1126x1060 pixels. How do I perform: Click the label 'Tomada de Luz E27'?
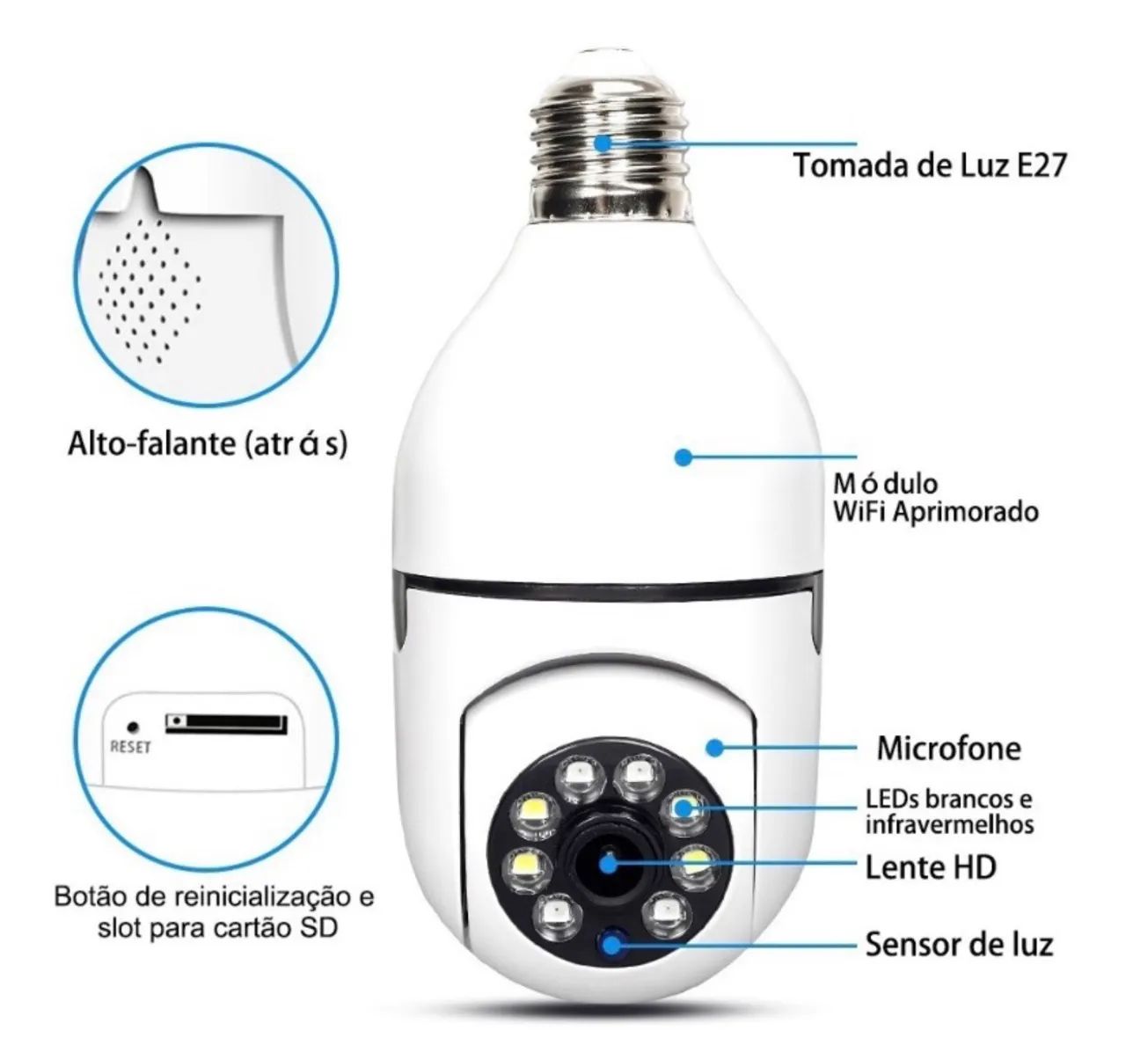tap(929, 164)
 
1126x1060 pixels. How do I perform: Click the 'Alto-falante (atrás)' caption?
tap(208, 443)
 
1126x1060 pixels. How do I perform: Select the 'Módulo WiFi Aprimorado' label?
tap(934, 497)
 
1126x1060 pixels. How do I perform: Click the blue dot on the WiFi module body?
tap(682, 457)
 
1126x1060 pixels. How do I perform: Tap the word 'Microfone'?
tap(948, 748)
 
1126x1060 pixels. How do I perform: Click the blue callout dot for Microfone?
tap(715, 748)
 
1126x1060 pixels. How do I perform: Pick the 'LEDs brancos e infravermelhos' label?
tap(948, 812)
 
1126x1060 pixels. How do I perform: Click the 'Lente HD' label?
tap(931, 867)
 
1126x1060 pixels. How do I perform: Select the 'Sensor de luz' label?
tap(959, 945)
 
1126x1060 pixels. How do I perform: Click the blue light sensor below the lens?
tap(611, 944)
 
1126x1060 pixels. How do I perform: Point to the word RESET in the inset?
tap(130, 747)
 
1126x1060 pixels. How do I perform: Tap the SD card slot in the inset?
tap(226, 723)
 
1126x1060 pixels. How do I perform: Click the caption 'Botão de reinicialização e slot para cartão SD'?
tap(214, 911)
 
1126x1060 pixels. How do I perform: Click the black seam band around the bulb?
tap(607, 586)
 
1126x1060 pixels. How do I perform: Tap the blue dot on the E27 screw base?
tap(603, 143)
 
